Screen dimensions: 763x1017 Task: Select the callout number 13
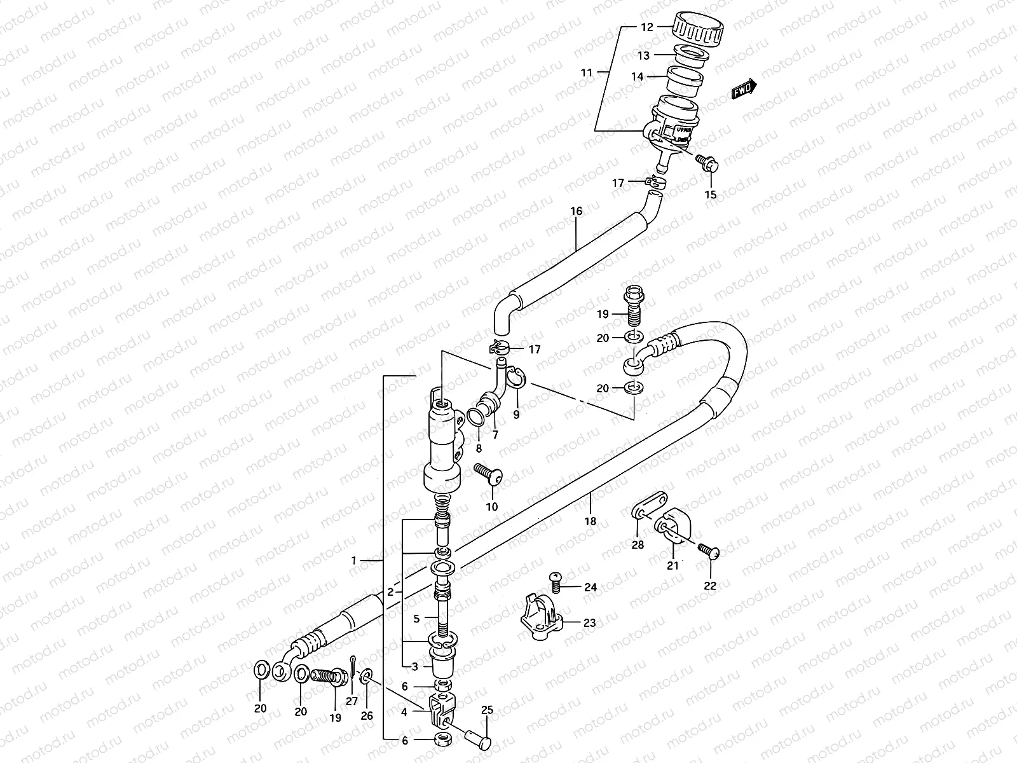(644, 56)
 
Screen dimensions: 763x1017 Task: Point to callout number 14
(638, 76)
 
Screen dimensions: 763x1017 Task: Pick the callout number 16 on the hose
(576, 211)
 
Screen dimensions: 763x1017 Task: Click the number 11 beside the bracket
(585, 73)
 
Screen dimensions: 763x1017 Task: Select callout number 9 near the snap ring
(516, 415)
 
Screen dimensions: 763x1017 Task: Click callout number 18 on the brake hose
(590, 521)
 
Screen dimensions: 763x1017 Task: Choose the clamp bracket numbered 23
(538, 616)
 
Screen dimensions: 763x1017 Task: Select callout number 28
(638, 544)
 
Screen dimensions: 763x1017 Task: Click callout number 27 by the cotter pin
(352, 701)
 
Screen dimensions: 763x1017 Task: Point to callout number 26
(367, 715)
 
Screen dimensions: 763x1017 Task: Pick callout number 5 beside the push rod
(416, 618)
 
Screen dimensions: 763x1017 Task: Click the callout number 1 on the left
(354, 561)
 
